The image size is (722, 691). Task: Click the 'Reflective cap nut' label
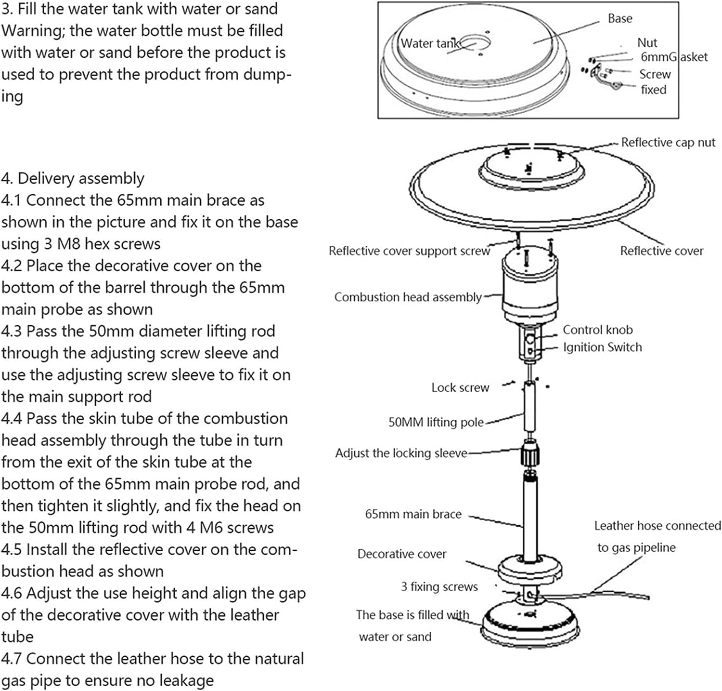pos(668,143)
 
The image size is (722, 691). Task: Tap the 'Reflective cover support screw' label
pos(409,251)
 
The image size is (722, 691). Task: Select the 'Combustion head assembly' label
pos(408,297)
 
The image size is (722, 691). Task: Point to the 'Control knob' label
pos(597,330)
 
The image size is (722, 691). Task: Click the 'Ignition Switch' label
pos(602,347)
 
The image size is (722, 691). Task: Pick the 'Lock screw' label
pos(460,388)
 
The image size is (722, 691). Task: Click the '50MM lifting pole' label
pos(436,423)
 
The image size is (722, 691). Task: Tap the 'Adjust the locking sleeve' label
pos(401,453)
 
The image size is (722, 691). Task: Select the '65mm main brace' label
pos(413,514)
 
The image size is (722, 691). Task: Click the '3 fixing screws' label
pos(439,587)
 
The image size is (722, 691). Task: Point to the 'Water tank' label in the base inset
pos(429,43)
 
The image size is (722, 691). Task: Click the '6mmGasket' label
pos(673,57)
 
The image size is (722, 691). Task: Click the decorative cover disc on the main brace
pos(530,570)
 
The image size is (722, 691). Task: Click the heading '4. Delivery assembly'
pos(72,179)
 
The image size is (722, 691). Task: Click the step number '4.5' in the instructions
pos(12,550)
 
